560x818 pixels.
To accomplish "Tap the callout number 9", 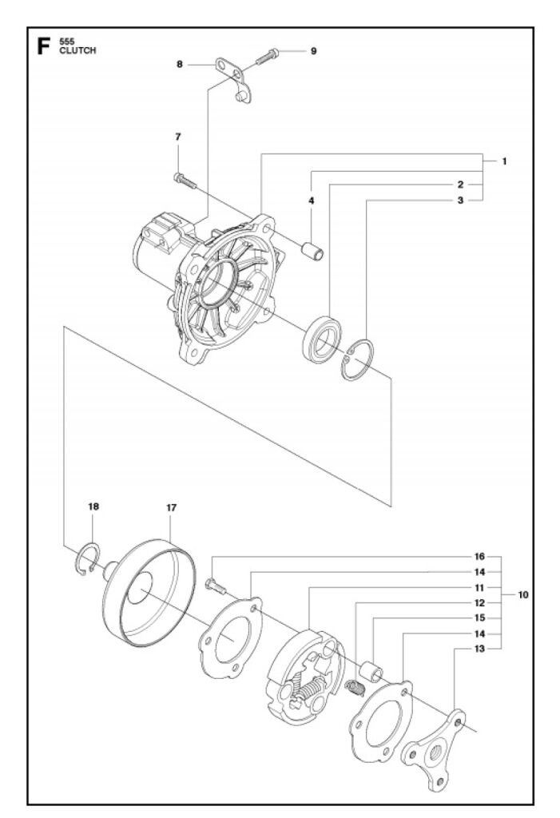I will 313,51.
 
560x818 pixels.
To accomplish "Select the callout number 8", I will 180,63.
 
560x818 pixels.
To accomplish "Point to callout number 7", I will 178,137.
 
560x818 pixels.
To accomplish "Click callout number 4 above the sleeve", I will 312,201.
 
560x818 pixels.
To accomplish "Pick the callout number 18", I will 94,506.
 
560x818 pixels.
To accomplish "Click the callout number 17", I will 171,507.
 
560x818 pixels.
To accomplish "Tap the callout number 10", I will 523,595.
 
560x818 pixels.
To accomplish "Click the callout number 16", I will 480,556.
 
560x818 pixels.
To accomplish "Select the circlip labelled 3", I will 356,359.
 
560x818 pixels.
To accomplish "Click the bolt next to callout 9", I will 267,56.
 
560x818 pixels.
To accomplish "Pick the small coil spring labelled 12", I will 354,685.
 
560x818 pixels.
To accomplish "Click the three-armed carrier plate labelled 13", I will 435,747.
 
